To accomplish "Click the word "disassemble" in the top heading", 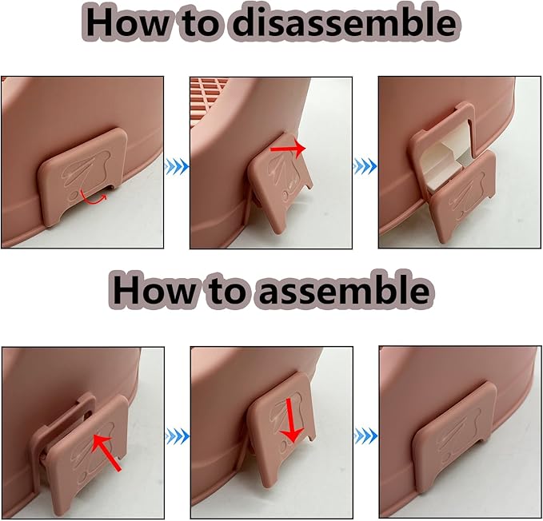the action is (x=344, y=23).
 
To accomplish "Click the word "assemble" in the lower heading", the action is (x=343, y=289).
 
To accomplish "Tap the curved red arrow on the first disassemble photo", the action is (x=93, y=199).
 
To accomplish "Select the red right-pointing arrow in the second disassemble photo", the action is (x=288, y=148).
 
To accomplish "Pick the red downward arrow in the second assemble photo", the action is (x=291, y=420).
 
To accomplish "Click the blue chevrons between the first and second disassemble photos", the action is (x=177, y=167).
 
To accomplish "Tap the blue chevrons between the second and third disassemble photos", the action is (x=365, y=167).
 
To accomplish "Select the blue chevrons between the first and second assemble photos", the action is (x=178, y=436).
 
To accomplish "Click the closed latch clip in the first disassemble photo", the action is (x=83, y=176).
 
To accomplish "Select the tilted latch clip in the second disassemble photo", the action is (x=281, y=181).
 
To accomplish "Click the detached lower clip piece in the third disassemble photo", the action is (x=463, y=197).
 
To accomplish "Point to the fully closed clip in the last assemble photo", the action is (x=453, y=437).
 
